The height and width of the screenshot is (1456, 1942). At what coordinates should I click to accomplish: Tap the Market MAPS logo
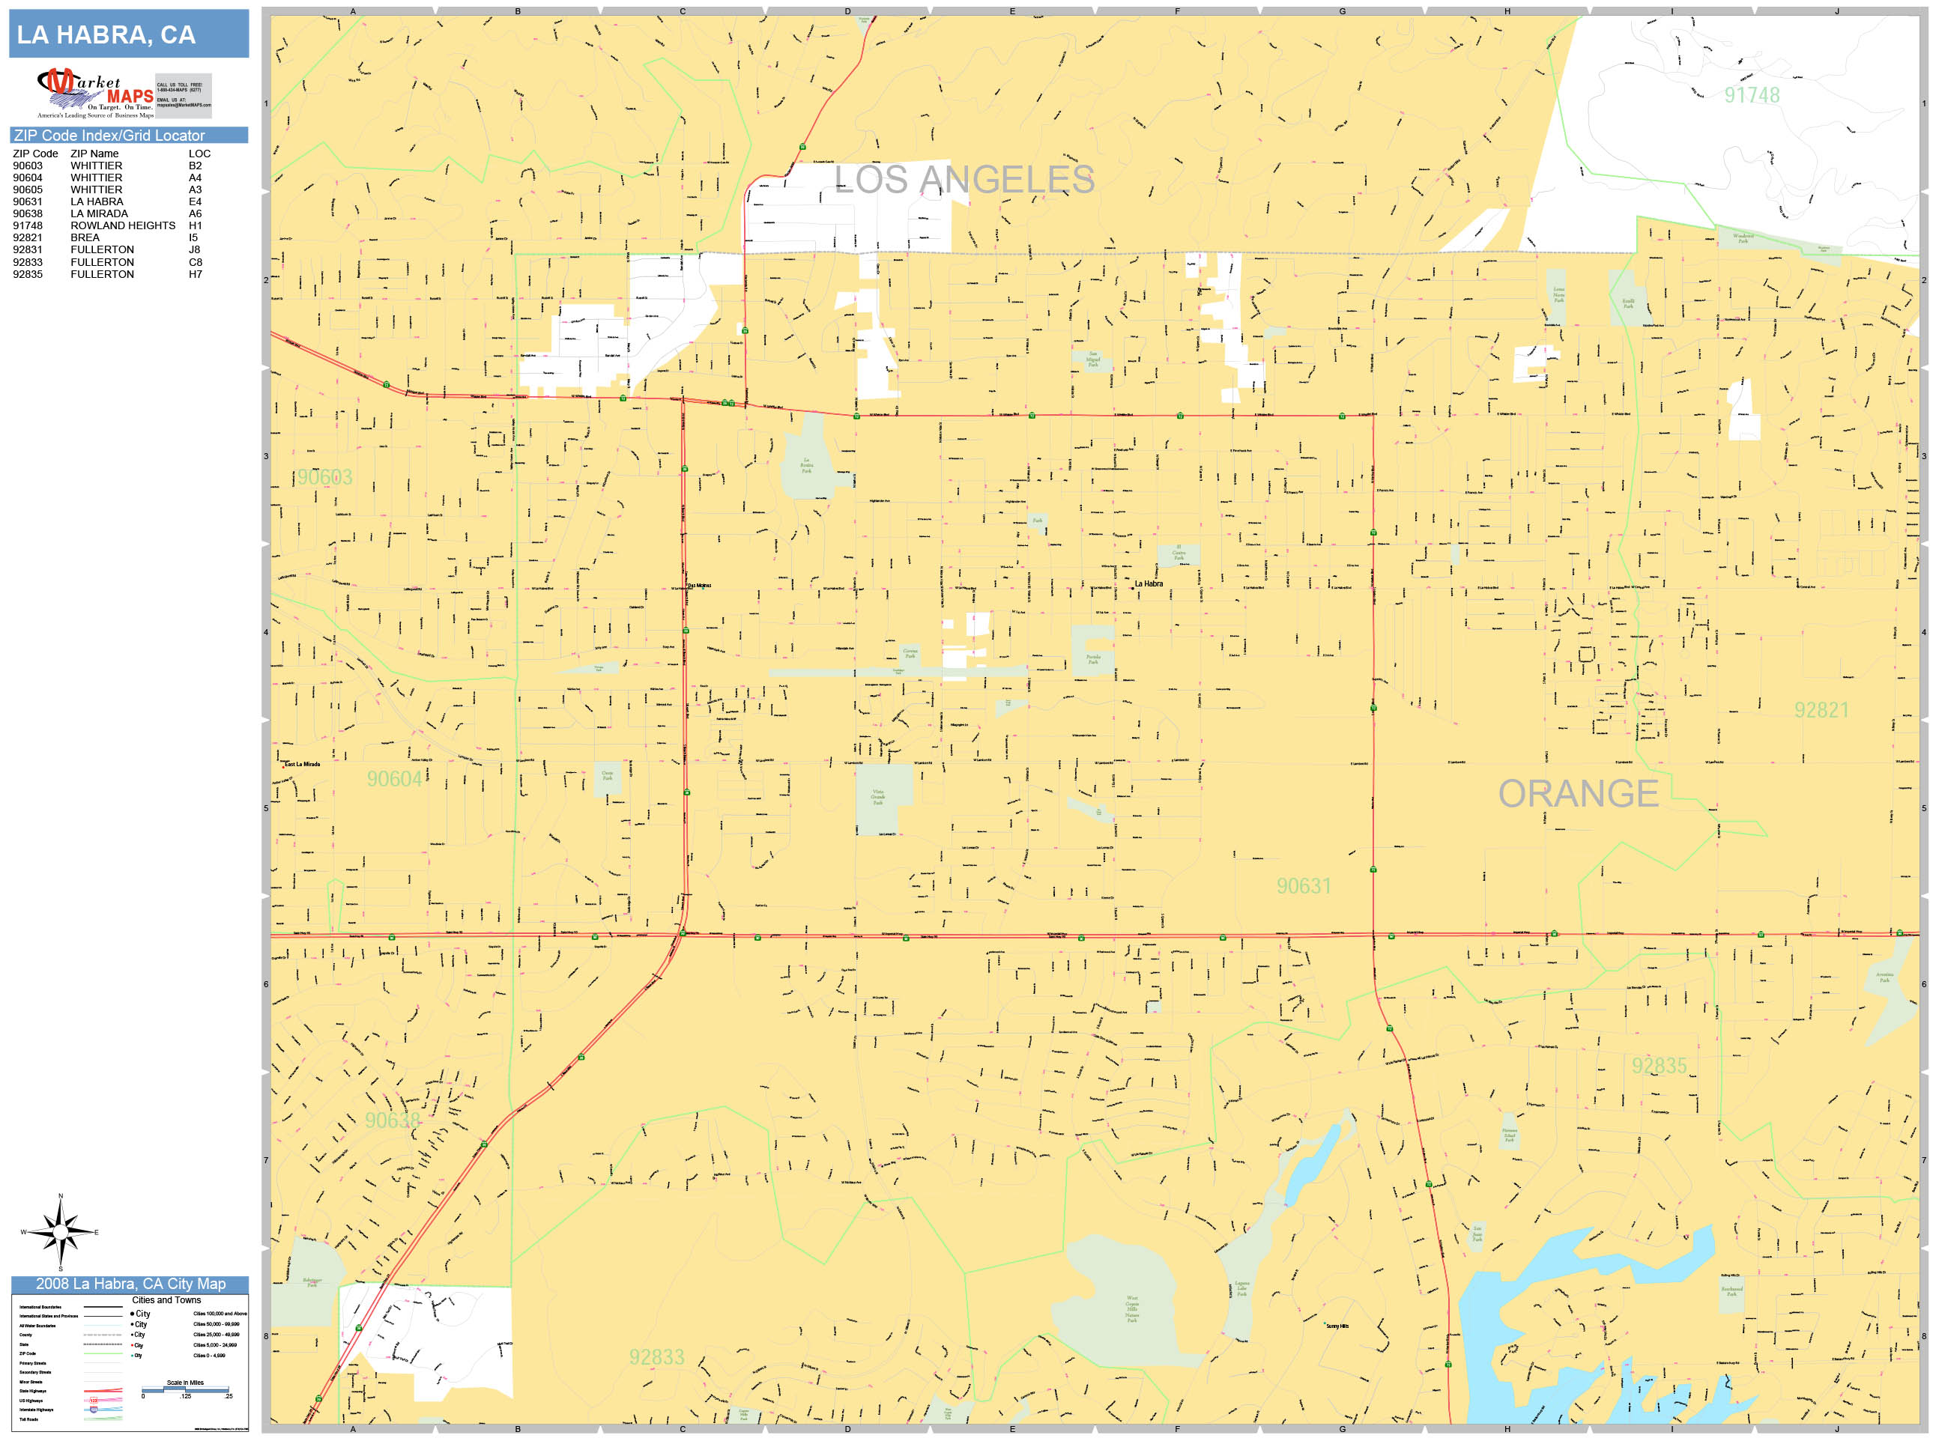point(96,93)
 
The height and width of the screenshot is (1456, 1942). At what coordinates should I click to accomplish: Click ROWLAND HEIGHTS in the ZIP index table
point(123,225)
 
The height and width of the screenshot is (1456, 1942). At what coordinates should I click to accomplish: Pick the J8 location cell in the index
point(194,249)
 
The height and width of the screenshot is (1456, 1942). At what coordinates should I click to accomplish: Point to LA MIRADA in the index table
point(99,213)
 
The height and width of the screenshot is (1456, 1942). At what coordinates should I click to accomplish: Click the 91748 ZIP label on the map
point(1751,95)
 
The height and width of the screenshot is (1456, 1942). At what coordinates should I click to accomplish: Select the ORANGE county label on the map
point(1578,793)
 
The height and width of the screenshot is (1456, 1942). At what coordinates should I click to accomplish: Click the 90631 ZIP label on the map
point(1303,887)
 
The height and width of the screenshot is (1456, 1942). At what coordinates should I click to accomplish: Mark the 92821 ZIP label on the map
point(1821,710)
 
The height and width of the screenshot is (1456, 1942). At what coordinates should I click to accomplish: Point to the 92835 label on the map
point(1659,1066)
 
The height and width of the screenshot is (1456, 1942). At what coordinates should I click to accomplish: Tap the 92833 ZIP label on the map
point(656,1357)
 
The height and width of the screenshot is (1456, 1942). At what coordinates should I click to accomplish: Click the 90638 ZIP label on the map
point(393,1120)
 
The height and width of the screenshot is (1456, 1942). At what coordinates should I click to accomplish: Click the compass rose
point(60,1232)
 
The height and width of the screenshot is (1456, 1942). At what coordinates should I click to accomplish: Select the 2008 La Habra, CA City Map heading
point(130,1284)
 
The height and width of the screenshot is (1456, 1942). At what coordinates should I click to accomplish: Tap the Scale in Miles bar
point(185,1389)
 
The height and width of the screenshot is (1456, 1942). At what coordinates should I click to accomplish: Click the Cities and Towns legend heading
point(166,1299)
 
